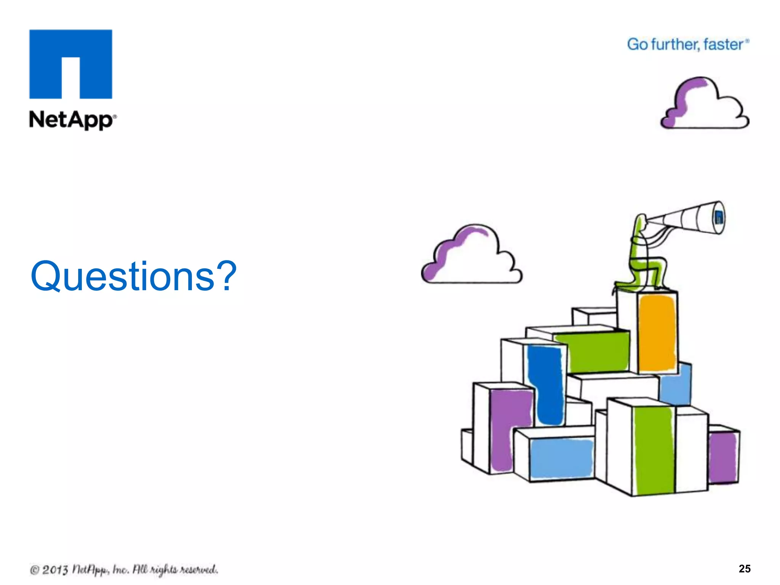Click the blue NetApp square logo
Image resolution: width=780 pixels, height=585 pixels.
point(71,64)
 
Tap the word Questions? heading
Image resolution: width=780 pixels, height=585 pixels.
point(133,276)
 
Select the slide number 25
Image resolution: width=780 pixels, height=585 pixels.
point(744,569)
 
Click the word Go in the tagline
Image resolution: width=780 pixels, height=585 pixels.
point(637,45)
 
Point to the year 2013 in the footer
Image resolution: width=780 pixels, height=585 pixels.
point(55,570)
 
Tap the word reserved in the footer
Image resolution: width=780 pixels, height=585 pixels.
point(198,570)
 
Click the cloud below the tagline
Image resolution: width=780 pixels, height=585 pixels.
point(705,105)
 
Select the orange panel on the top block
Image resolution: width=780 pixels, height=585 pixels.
point(657,333)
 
